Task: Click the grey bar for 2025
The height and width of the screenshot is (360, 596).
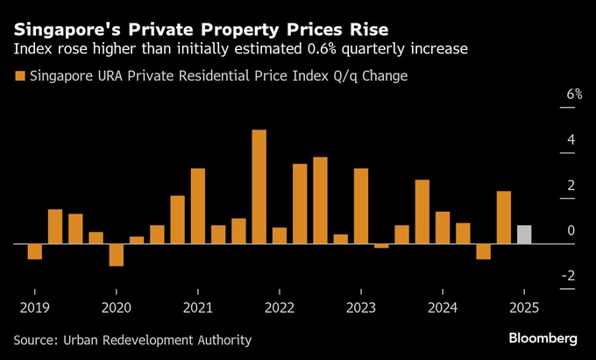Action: tap(523, 235)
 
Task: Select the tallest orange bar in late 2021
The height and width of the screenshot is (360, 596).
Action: tap(259, 187)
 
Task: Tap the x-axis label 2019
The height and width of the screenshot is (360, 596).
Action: tap(34, 307)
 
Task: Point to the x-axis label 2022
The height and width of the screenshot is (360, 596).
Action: tap(279, 307)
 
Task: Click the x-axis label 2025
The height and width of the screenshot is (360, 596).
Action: tap(523, 307)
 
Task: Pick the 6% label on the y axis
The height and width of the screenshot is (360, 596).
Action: tap(574, 95)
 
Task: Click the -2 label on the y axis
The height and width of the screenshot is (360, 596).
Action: tap(571, 276)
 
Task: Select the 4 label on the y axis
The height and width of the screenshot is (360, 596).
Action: tap(571, 140)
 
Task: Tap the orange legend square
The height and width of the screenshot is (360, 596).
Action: tap(20, 76)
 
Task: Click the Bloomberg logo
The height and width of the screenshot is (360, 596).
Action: tap(544, 338)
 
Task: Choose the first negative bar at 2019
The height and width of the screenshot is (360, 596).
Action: tap(34, 251)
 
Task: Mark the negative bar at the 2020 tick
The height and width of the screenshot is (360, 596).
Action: tap(116, 254)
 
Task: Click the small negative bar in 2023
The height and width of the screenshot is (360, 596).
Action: tap(381, 246)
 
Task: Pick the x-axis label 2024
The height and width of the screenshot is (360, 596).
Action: tap(442, 307)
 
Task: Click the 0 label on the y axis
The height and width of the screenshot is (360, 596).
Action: tap(571, 231)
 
